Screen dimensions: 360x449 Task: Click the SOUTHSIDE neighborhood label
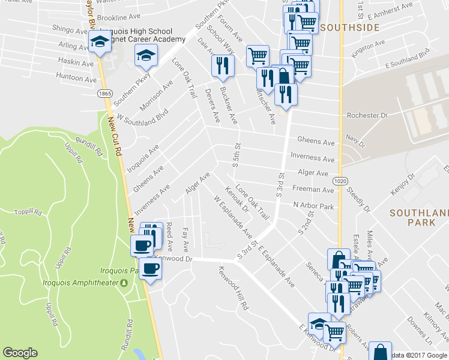pos(349,28)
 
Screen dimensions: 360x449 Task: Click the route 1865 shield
pos(105,94)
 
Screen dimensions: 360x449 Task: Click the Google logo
pos(20,353)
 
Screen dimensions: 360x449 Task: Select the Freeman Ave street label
pos(313,190)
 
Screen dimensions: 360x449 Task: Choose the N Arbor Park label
pos(313,205)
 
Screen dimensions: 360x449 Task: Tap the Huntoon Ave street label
pos(76,79)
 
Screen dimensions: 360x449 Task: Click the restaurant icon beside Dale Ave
pos(221,65)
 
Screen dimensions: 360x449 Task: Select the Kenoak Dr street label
pos(237,200)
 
